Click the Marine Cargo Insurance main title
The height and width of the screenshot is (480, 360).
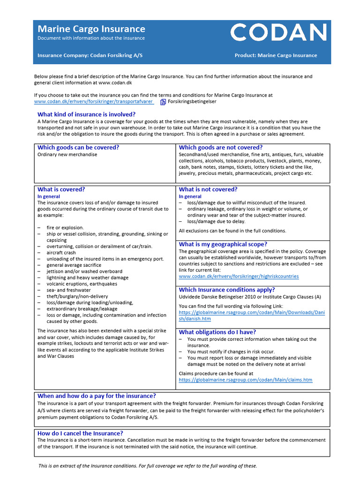[91, 29]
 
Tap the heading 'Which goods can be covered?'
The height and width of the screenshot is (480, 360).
[78, 148]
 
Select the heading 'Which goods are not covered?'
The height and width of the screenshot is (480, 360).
[221, 148]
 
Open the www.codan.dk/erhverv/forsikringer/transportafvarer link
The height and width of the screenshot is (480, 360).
[94, 101]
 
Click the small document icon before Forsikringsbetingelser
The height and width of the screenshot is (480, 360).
[163, 102]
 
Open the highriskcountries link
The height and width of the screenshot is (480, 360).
[239, 277]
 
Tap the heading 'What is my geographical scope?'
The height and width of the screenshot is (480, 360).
[223, 244]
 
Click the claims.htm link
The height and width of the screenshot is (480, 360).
[245, 380]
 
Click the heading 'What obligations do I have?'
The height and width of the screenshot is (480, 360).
[217, 332]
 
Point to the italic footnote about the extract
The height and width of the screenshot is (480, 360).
[148, 466]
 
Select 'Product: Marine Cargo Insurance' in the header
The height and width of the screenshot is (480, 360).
[276, 55]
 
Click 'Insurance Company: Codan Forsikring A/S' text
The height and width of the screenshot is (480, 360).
[90, 55]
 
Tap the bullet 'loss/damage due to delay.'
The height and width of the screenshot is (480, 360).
[216, 222]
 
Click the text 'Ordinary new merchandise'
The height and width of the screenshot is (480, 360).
[67, 155]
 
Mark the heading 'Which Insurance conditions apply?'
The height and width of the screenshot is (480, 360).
[227, 290]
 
